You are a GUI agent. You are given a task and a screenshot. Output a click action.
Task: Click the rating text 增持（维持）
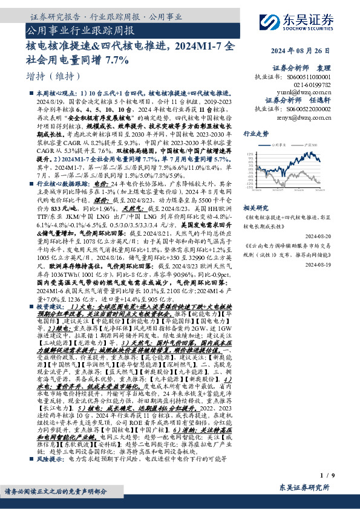(45, 77)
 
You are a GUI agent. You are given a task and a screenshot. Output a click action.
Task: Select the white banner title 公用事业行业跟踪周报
(80, 29)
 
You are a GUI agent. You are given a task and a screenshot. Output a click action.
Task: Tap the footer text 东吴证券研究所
(301, 488)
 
